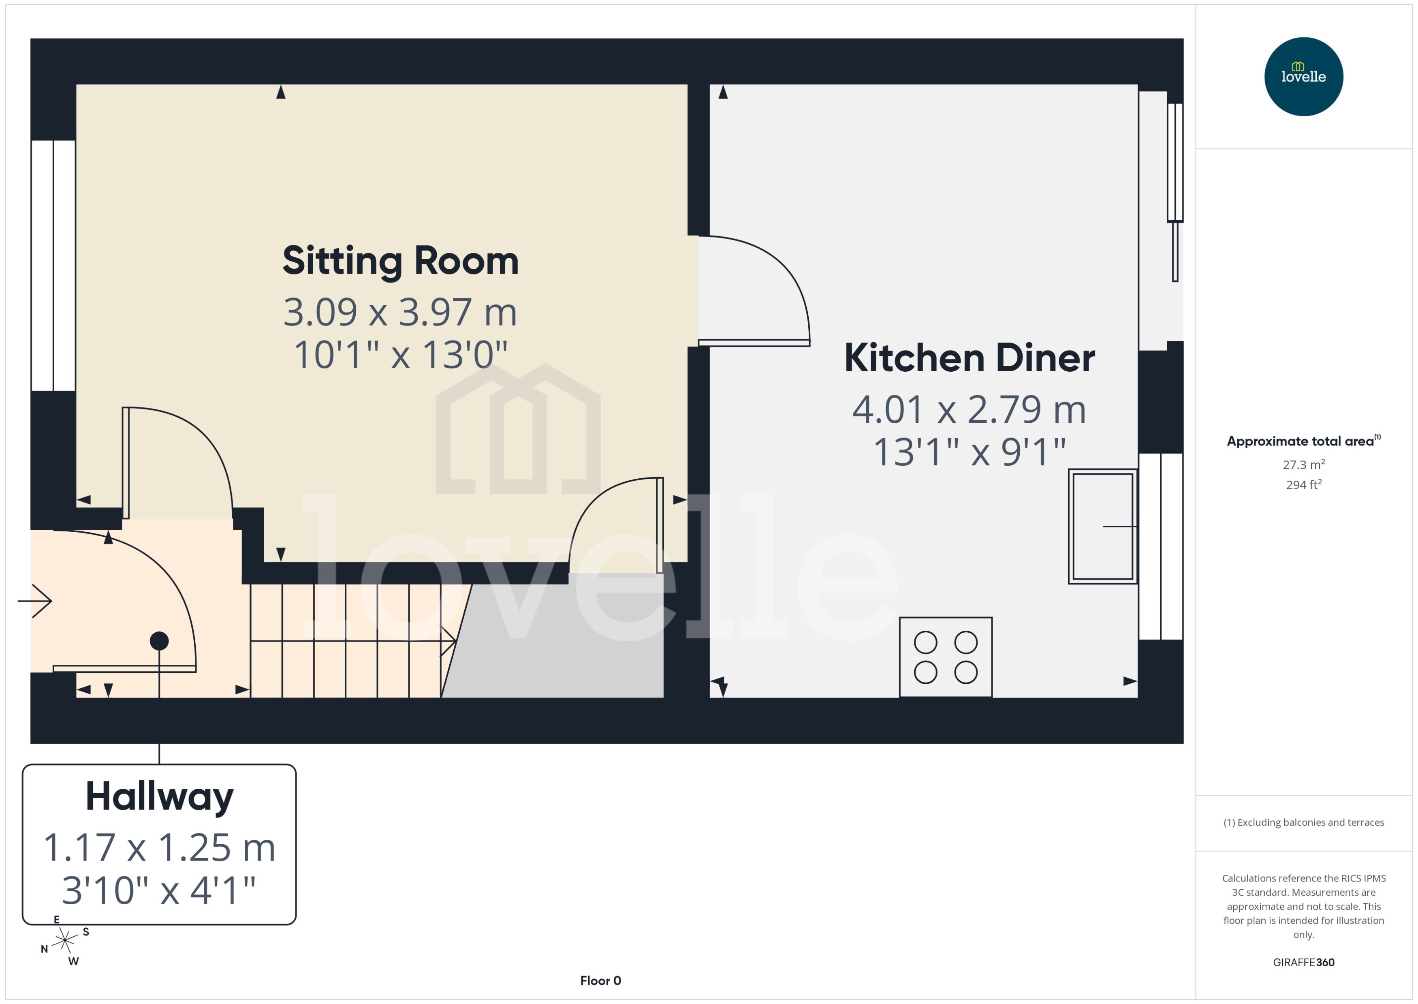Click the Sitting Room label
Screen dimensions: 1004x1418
[400, 261]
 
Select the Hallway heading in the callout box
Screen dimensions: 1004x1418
[159, 796]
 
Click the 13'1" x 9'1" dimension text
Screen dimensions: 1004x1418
[969, 452]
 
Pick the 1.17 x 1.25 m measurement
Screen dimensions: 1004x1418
[159, 848]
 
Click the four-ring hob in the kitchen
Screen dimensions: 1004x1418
[945, 657]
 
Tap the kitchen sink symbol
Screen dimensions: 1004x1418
[1102, 526]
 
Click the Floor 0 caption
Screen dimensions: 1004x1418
[600, 980]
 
